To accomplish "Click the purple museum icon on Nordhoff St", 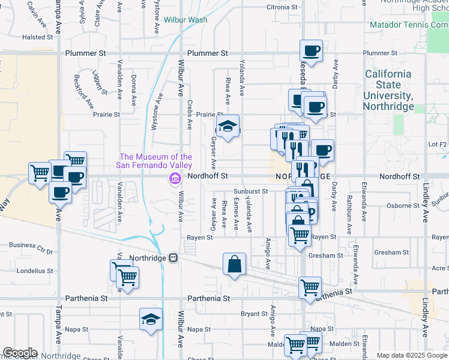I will pyautogui.click(x=175, y=178).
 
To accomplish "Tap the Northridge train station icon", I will pyautogui.click(x=173, y=257).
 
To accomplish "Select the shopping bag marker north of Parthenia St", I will pyautogui.click(x=234, y=263).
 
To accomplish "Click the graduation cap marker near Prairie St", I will pyautogui.click(x=227, y=127).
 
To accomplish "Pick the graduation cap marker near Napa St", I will pyautogui.click(x=151, y=320).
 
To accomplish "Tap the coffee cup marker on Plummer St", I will pyautogui.click(x=312, y=52).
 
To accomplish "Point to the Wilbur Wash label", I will pyautogui.click(x=185, y=20).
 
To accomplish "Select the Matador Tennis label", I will pyautogui.click(x=408, y=25).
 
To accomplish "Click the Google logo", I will pyautogui.click(x=19, y=353).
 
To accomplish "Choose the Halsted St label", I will pyautogui.click(x=34, y=37).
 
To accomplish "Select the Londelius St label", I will pyautogui.click(x=35, y=271).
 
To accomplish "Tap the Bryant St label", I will pyautogui.click(x=254, y=314).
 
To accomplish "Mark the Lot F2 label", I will pyautogui.click(x=438, y=145).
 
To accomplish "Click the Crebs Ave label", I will pyautogui.click(x=190, y=115).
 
